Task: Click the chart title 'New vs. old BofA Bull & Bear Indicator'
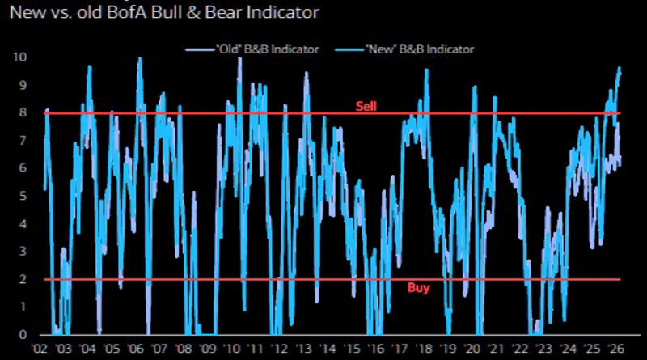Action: point(163,12)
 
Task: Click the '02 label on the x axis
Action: point(38,349)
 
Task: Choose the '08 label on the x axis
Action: point(184,349)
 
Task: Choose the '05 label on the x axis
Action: point(111,349)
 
